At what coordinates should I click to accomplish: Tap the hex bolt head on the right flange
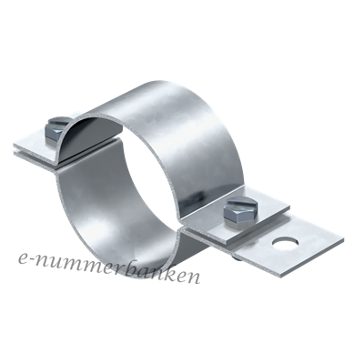click(x=241, y=212)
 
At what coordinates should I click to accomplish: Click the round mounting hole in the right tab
click(x=285, y=243)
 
